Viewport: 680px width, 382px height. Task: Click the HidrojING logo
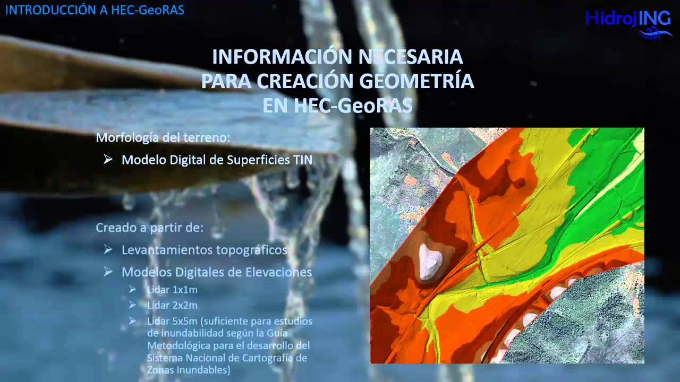(628, 19)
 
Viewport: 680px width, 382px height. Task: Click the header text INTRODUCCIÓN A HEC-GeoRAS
(95, 10)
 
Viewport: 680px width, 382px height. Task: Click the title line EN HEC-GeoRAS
(337, 106)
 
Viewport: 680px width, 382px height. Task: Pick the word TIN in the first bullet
(303, 160)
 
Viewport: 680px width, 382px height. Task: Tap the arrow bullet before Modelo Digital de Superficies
(108, 159)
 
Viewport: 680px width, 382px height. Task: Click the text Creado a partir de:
(149, 228)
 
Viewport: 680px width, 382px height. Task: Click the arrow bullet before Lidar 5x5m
(132, 321)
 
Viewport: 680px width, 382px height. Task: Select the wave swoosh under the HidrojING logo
(655, 33)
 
